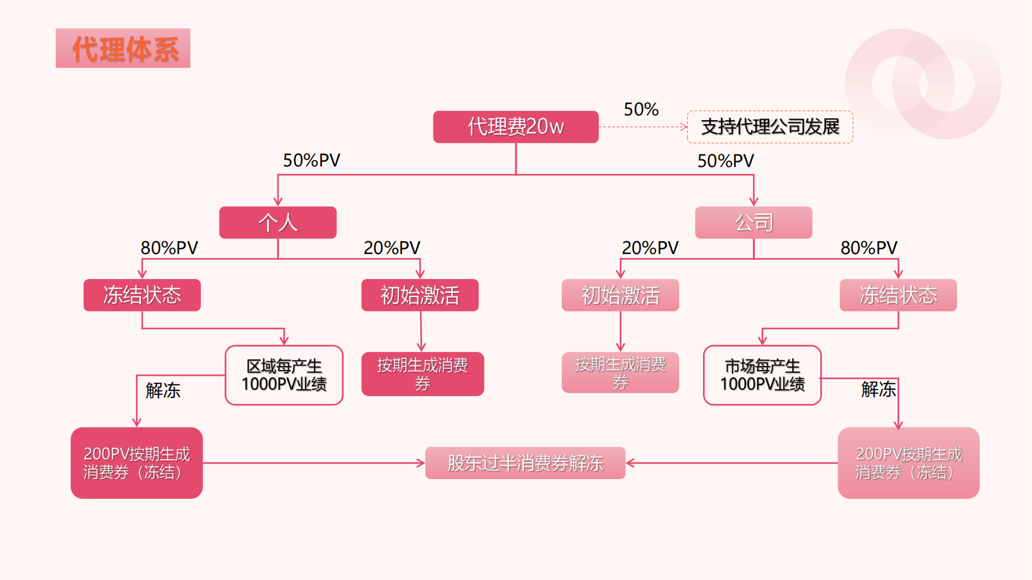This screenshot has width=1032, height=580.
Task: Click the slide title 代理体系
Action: click(x=123, y=49)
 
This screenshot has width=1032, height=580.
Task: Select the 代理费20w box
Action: click(x=515, y=126)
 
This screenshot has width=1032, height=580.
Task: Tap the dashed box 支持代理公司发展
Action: click(x=770, y=126)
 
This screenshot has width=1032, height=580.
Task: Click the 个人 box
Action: click(x=277, y=222)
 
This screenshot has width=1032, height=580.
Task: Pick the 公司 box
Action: click(x=753, y=222)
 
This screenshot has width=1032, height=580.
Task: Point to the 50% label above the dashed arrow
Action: click(x=641, y=109)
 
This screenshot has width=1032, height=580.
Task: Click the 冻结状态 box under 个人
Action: click(x=142, y=295)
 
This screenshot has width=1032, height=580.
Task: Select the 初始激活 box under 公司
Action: click(x=620, y=295)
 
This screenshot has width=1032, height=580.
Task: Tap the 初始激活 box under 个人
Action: click(x=420, y=295)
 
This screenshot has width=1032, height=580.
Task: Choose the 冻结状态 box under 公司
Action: click(x=898, y=295)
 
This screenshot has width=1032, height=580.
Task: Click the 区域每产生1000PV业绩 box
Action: click(x=284, y=375)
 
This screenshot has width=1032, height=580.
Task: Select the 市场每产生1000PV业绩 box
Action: click(x=762, y=375)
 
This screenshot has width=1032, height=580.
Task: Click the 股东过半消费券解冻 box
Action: click(x=525, y=463)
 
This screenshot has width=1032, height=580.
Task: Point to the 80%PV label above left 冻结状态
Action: click(x=169, y=248)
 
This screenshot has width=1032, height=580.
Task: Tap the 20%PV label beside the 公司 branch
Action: click(x=650, y=248)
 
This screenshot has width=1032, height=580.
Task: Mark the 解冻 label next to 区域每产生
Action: click(x=163, y=390)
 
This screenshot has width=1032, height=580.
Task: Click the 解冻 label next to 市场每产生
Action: click(x=878, y=389)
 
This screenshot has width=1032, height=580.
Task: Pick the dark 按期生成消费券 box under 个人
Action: click(x=423, y=374)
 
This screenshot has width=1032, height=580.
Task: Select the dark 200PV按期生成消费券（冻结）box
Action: click(x=136, y=463)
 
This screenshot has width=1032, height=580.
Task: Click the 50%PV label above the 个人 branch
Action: click(x=311, y=160)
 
